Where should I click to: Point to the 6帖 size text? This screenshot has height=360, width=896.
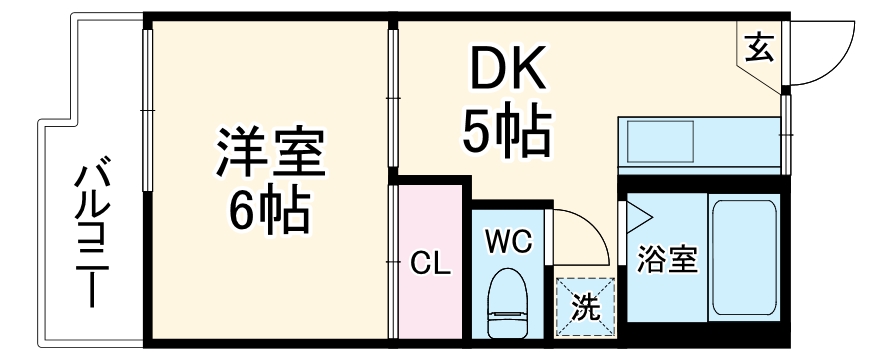coord(268,209)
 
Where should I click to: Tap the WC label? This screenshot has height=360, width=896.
coord(509,243)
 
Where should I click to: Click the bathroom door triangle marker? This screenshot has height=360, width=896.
coord(635,216)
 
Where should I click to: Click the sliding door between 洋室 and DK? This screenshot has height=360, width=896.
coord(393,100)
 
